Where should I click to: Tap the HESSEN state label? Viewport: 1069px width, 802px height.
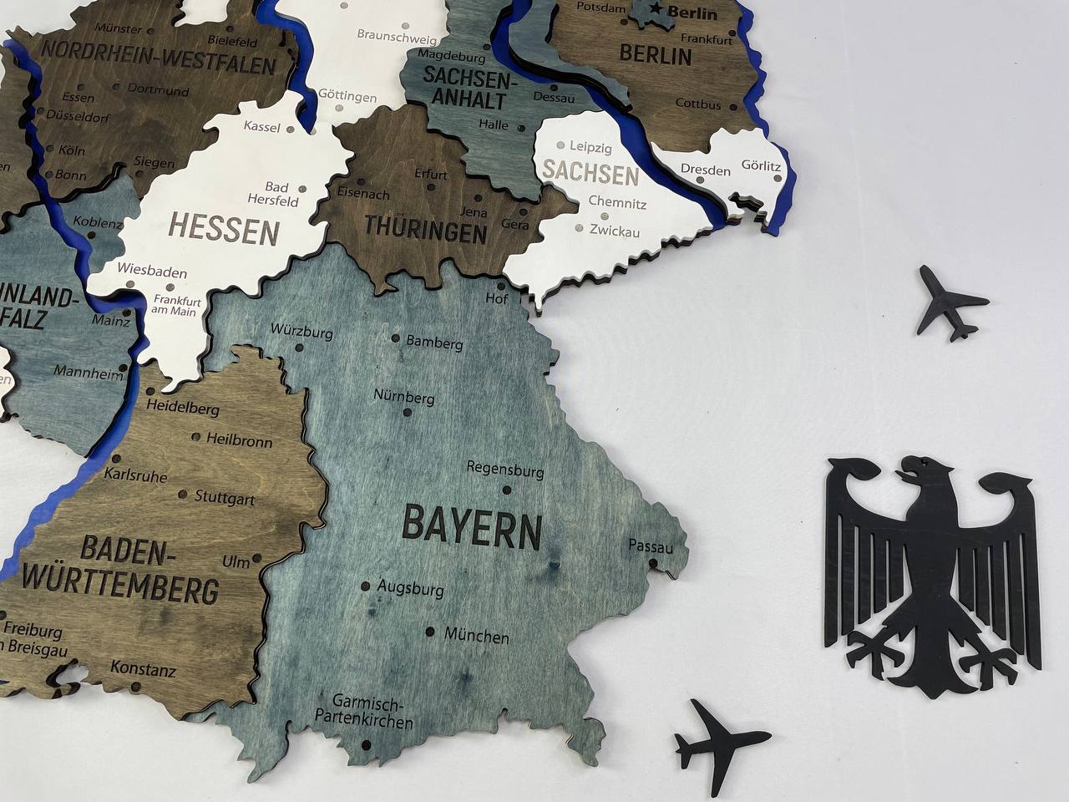224,228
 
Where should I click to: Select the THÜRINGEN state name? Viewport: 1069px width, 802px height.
425,229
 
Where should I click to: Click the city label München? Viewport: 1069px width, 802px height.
476,637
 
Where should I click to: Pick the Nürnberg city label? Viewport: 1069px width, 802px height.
404,397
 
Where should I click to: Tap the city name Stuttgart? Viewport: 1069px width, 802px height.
225,498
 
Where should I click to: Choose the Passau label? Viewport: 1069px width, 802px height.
651,547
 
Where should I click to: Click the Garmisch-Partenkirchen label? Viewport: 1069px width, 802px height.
364,711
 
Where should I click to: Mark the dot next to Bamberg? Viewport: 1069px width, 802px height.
396,338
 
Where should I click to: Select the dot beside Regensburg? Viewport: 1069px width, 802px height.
506,490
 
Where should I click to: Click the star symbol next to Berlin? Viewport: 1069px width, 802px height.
658,11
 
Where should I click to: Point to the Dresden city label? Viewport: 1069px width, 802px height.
705,170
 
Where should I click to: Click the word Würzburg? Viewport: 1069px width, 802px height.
301,331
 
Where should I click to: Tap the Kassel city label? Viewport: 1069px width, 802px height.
261,126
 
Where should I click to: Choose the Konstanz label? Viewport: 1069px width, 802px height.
143,669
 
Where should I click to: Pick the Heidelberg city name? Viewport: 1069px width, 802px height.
182,409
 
